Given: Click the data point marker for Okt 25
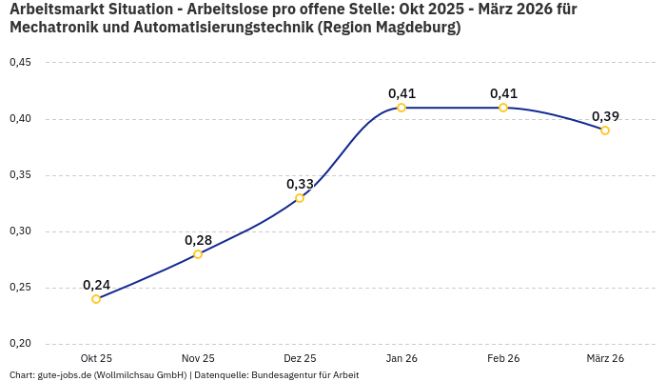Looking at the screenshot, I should coord(96,299).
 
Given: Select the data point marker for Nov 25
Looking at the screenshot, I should coord(198,254).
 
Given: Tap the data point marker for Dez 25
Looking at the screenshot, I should coord(300,198).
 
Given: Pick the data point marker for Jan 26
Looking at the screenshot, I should coord(402,108).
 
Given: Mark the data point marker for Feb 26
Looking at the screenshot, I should coord(503,108).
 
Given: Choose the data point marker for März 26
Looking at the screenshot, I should coord(605,130).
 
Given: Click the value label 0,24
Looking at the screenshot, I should coord(96,285).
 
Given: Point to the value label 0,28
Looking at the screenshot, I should coord(198,240).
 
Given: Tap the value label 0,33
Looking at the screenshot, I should coord(300,184).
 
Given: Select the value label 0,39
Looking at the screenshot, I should coord(605,116).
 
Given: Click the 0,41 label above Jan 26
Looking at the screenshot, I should coord(402,93).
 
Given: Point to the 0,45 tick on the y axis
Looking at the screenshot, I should coord(20,63).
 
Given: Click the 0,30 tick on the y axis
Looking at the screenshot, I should coord(20,231).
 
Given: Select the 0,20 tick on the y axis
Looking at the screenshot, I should coord(20,344).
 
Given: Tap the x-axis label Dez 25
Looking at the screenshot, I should coord(300,358).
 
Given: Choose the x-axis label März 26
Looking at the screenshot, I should coord(605,358).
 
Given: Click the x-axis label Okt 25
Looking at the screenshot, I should coord(96,358).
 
